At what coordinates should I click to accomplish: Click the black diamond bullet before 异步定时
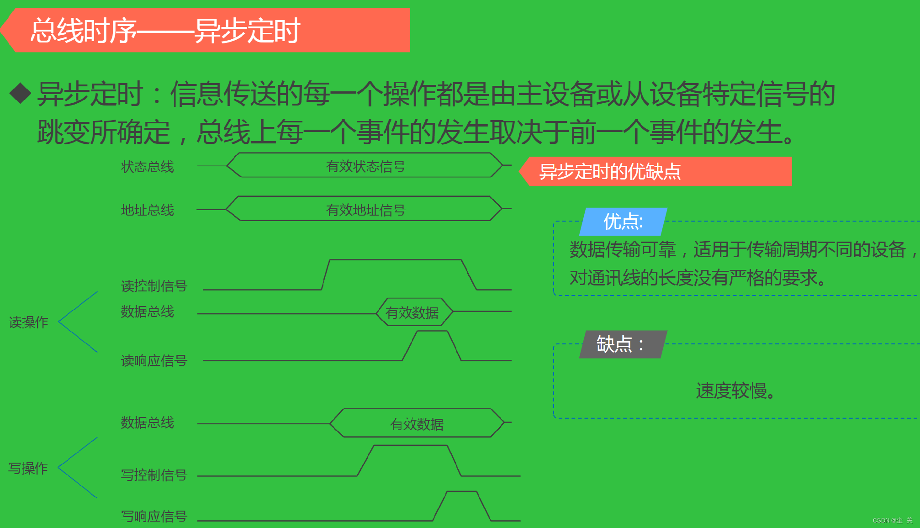[20, 93]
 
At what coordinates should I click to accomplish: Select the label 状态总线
[147, 167]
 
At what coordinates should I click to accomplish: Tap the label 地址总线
[147, 210]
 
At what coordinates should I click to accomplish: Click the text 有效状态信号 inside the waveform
[365, 166]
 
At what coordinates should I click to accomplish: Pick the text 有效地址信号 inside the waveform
[365, 210]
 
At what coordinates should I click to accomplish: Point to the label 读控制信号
[154, 286]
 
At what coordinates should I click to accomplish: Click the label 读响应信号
[154, 360]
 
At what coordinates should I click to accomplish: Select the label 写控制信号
[154, 475]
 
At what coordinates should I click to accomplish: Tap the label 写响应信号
[154, 516]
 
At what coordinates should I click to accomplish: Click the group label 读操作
[28, 322]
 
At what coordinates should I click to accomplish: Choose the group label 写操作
[28, 468]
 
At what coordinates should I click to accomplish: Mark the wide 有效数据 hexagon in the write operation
[417, 424]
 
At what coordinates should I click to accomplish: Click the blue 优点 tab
[623, 222]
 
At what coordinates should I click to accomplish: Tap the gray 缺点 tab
[621, 344]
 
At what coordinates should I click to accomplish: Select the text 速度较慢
[735, 391]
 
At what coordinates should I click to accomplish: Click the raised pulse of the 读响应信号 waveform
[432, 338]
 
